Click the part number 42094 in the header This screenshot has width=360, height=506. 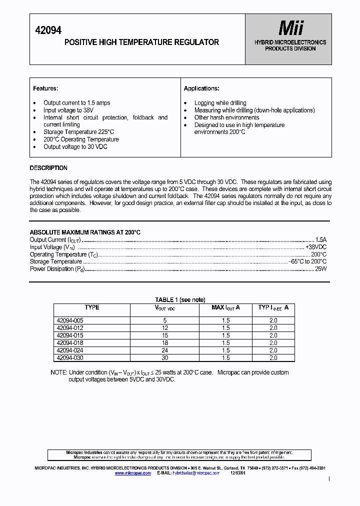pyautogui.click(x=48, y=30)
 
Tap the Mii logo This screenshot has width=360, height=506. pyautogui.click(x=290, y=28)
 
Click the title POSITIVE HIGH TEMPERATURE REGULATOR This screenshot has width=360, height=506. pyautogui.click(x=141, y=42)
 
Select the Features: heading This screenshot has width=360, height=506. pyautogui.click(x=45, y=88)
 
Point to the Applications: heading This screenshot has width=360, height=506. pyautogui.click(x=201, y=88)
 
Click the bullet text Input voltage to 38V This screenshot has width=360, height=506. pyautogui.click(x=68, y=110)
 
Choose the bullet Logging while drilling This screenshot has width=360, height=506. pyautogui.click(x=220, y=103)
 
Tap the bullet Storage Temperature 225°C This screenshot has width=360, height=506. pyautogui.click(x=78, y=132)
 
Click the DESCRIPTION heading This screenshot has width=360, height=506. pyautogui.click(x=48, y=168)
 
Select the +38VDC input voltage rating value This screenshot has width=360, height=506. pyautogui.click(x=315, y=247)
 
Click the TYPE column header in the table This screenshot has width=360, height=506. pyautogui.click(x=92, y=307)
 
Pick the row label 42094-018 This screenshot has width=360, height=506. pyautogui.click(x=70, y=343)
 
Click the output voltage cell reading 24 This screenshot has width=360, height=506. pyautogui.click(x=164, y=350)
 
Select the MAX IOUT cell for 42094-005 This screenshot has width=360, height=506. pyautogui.click(x=225, y=320)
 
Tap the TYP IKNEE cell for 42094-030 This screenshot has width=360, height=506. pyautogui.click(x=273, y=358)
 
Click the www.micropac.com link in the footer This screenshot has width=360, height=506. pyautogui.click(x=133, y=472)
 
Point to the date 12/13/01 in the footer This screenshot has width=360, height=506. pyautogui.click(x=237, y=472)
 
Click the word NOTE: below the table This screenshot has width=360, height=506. pyautogui.click(x=59, y=372)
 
